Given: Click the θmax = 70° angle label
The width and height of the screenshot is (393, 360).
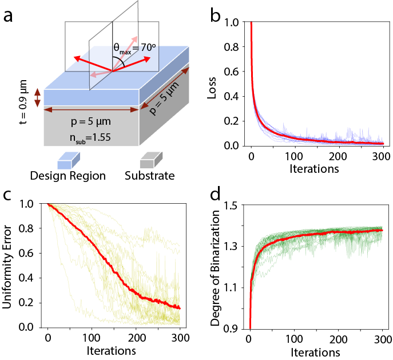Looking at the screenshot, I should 133,49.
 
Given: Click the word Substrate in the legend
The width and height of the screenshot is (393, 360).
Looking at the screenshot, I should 150,176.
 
